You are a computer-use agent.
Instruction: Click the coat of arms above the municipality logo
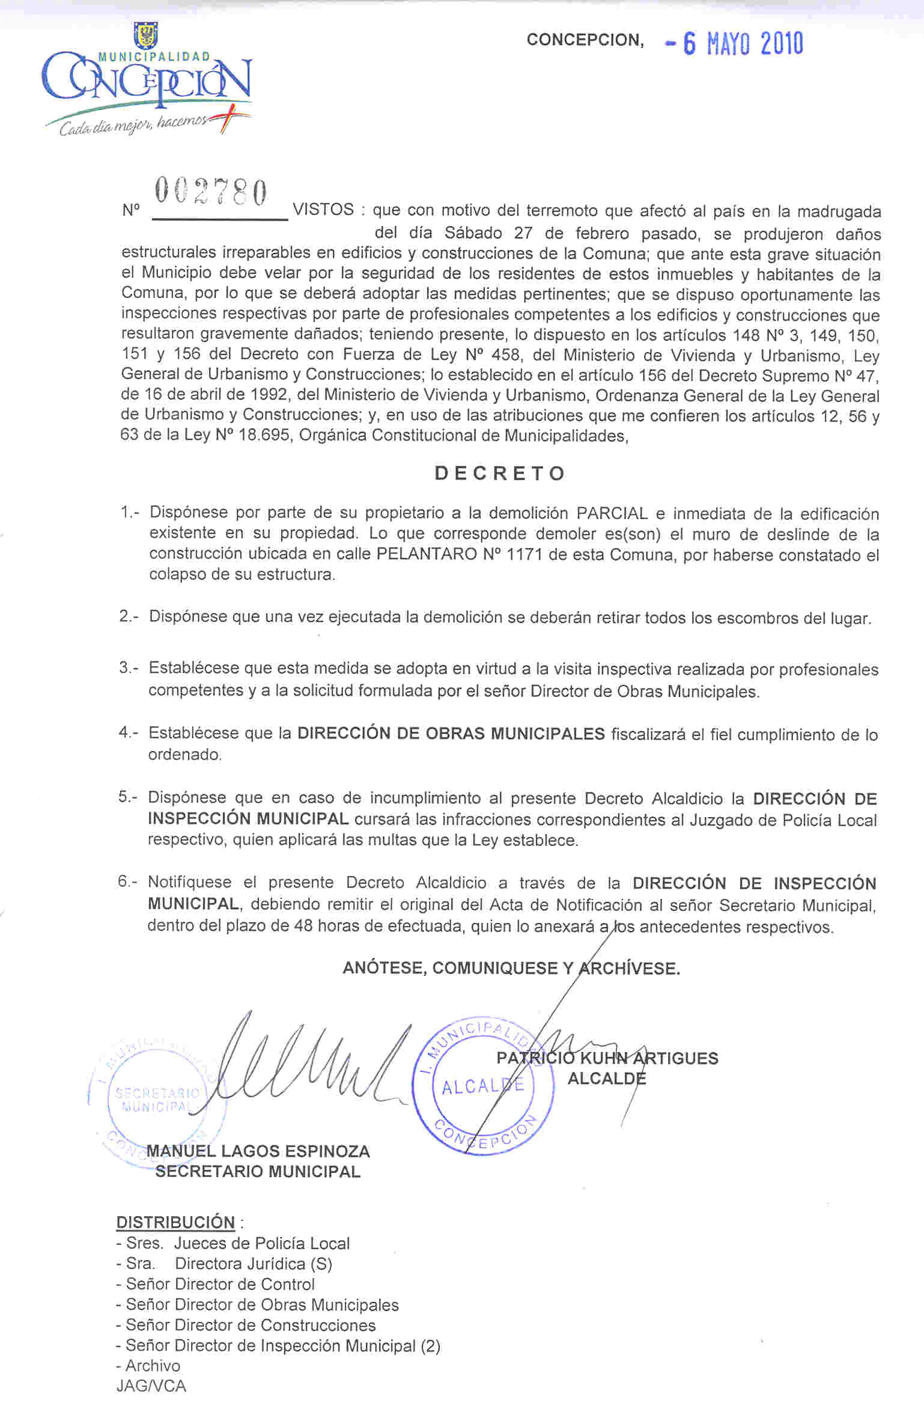coord(146,35)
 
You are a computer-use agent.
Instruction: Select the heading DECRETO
coord(500,473)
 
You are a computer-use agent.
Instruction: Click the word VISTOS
coord(323,210)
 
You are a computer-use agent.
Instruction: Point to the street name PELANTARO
coord(426,554)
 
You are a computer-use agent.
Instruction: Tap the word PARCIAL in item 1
coord(612,514)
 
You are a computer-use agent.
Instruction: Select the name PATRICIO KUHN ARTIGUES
coord(607,1058)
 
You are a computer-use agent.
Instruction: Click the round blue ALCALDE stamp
coord(484,1086)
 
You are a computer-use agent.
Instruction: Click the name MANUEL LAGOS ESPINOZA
coord(258,1151)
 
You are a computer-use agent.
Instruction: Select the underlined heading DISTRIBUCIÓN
coord(175,1222)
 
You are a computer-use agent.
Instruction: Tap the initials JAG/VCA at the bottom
coord(151,1386)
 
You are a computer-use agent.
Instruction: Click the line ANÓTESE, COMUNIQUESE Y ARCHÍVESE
coord(511,968)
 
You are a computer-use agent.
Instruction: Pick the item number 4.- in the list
coord(128,732)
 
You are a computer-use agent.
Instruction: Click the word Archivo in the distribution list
coord(153,1365)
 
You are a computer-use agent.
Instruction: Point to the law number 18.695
coord(265,435)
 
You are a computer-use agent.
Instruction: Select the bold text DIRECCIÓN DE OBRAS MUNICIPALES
coord(451,734)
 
